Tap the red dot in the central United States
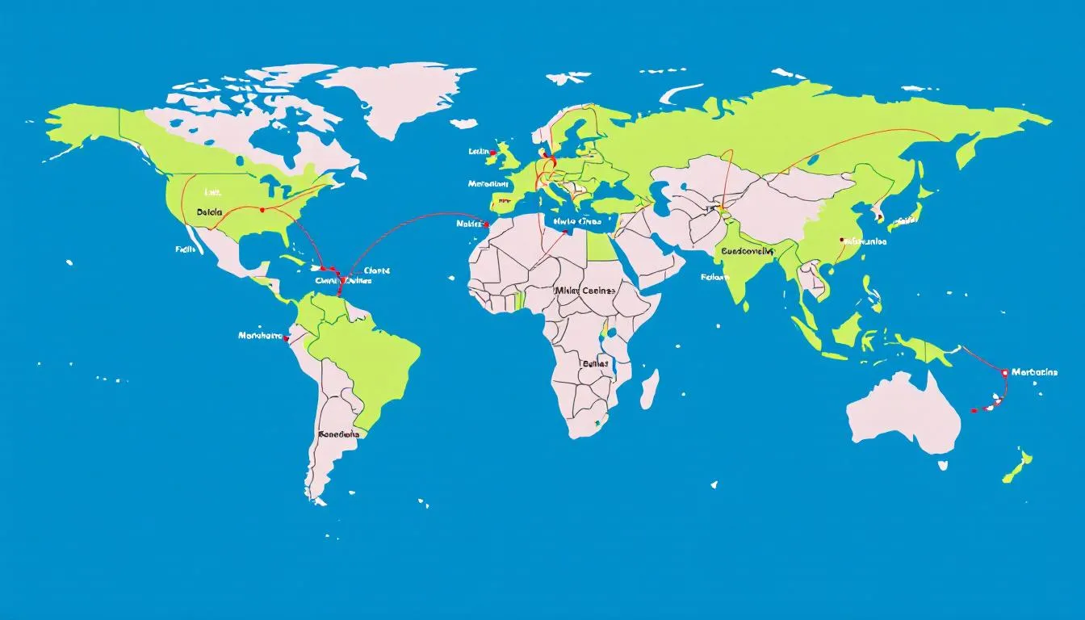(262, 209)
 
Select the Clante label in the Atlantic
(377, 270)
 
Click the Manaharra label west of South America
(261, 335)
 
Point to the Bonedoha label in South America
(338, 434)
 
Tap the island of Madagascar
(649, 389)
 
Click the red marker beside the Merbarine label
(1004, 373)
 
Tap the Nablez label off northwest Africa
(468, 224)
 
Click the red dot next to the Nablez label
(486, 224)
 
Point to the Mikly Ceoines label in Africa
(585, 290)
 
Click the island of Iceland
(463, 124)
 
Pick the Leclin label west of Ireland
(480, 151)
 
